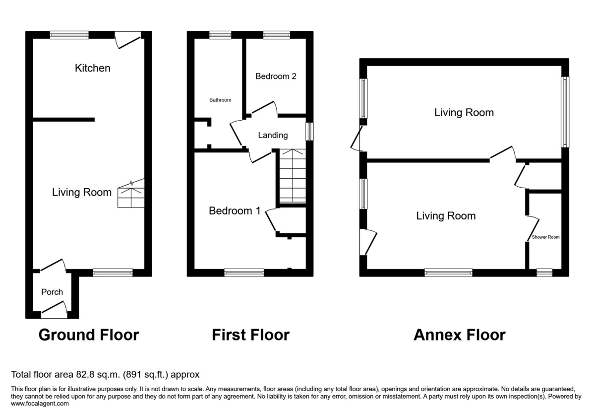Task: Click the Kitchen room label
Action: (92, 68)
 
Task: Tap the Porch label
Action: (52, 292)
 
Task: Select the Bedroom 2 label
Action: (276, 76)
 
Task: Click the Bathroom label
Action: (220, 100)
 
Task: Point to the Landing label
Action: (273, 135)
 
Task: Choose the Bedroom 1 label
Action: (235, 211)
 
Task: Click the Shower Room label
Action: (545, 237)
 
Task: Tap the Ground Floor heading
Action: (89, 335)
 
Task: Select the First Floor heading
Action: (250, 335)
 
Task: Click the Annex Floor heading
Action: (459, 335)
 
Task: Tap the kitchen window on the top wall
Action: (69, 35)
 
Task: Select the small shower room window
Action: (544, 273)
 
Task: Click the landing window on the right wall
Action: (310, 132)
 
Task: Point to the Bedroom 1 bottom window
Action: (244, 273)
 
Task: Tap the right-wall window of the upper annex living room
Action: (565, 112)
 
